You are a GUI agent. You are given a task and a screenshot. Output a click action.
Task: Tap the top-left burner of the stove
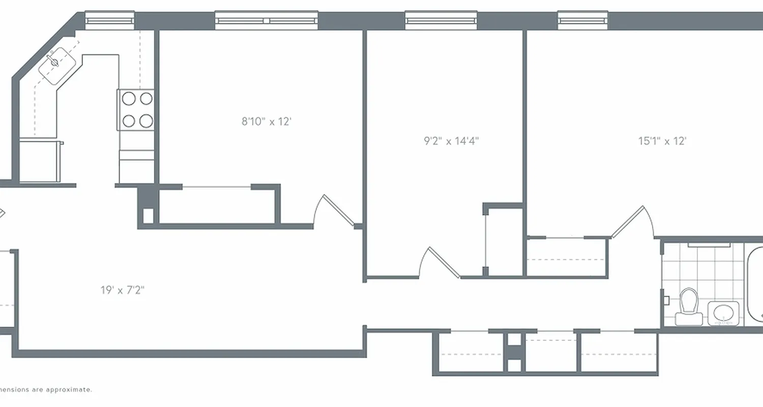[129, 99]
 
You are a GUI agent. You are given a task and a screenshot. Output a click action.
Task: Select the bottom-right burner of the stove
[146, 121]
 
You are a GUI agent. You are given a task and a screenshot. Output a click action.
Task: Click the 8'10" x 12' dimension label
[266, 122]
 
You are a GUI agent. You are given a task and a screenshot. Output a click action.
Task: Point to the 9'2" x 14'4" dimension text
[451, 141]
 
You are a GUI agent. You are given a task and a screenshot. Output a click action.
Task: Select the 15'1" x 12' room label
[662, 141]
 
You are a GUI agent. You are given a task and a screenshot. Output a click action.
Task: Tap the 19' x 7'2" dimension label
[123, 290]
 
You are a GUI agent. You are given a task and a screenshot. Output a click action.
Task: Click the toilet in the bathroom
[689, 305]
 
